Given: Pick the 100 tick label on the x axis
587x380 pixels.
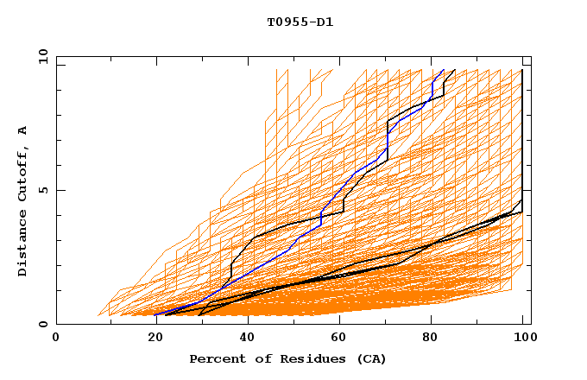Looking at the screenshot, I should [x=523, y=339].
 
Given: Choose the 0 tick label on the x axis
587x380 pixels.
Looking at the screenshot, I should [x=57, y=339].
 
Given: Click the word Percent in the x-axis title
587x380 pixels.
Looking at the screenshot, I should [x=216, y=358].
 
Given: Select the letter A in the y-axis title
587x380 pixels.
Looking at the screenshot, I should [x=23, y=130].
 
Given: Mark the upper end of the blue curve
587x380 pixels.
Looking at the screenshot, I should [x=443, y=70].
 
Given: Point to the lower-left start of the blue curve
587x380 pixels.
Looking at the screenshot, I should [x=155, y=314].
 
